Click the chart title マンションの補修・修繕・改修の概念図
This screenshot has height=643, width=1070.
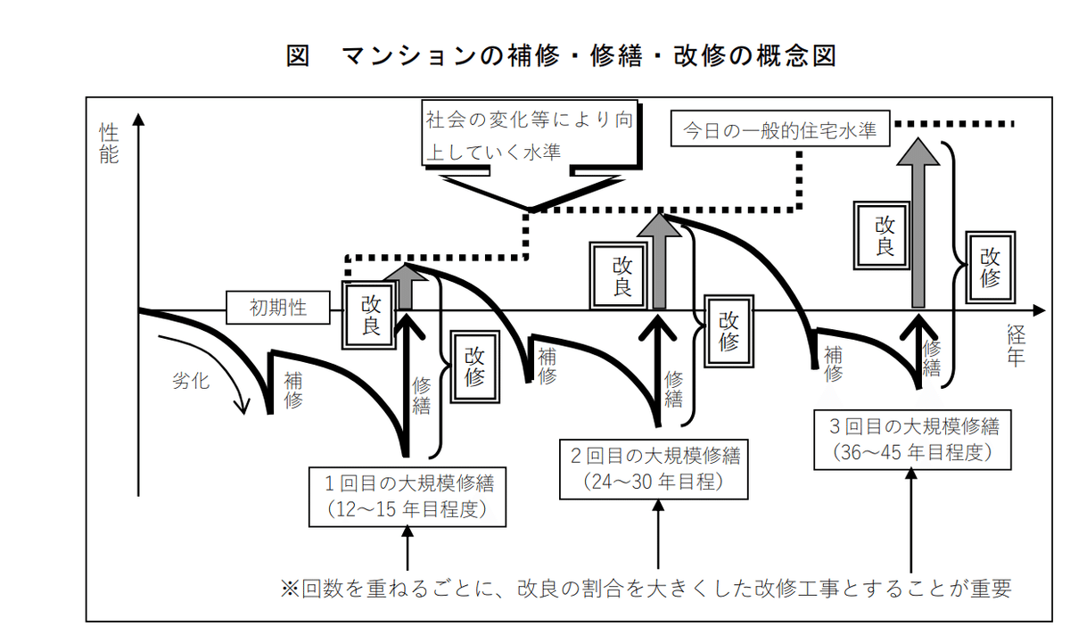pyautogui.click(x=561, y=56)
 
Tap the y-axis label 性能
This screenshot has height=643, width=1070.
pyautogui.click(x=109, y=143)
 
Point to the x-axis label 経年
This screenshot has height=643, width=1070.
pyautogui.click(x=1017, y=347)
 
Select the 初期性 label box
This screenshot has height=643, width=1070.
pyautogui.click(x=278, y=309)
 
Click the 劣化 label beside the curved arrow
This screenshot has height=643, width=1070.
pyautogui.click(x=190, y=381)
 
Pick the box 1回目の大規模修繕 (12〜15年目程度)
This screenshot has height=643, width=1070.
pyautogui.click(x=409, y=497)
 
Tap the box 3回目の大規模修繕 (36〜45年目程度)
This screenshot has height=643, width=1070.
pyautogui.click(x=914, y=439)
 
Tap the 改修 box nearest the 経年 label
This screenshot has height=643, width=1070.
pyautogui.click(x=990, y=266)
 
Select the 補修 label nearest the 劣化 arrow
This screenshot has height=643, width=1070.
pyautogui.click(x=292, y=389)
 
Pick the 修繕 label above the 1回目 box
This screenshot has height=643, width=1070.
pyautogui.click(x=422, y=395)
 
